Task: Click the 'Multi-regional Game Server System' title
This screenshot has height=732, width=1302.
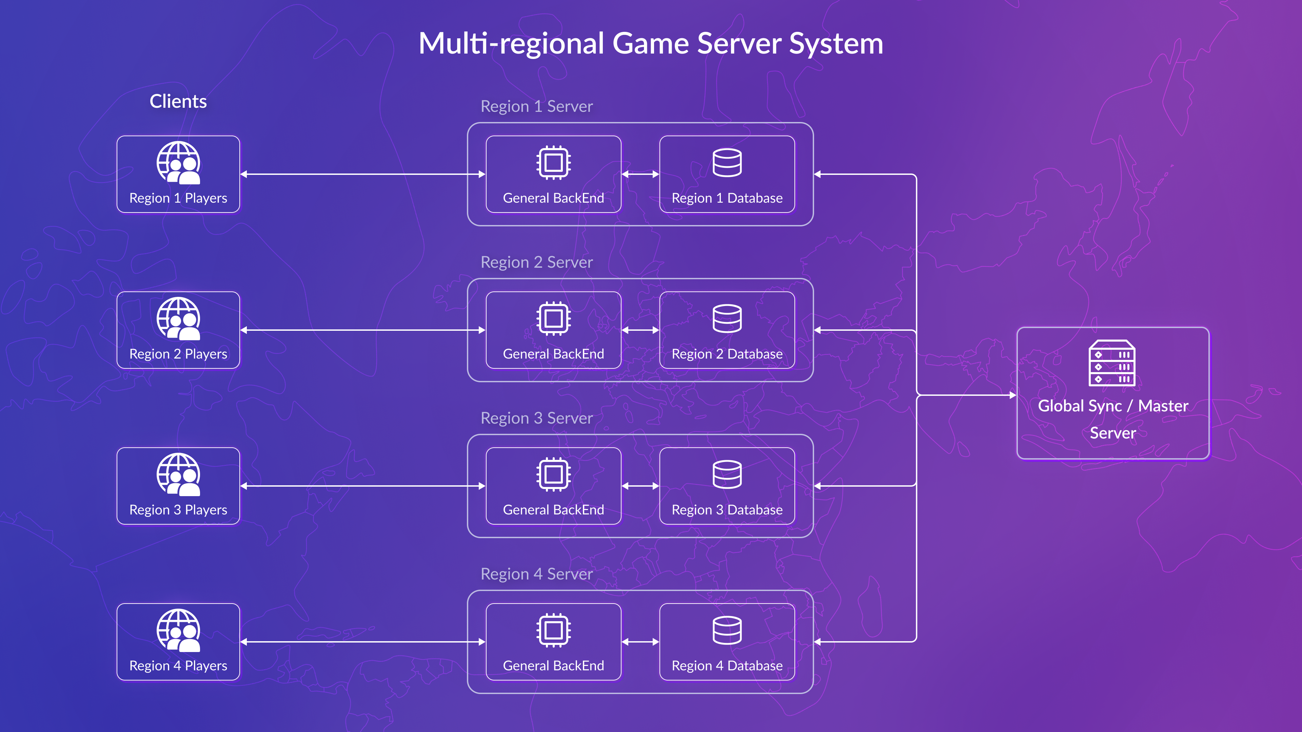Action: tap(651, 43)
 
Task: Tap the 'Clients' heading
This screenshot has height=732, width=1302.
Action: tap(178, 102)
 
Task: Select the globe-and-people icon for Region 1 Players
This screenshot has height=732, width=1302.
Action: tap(178, 163)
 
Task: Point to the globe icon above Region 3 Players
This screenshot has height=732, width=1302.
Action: tap(178, 474)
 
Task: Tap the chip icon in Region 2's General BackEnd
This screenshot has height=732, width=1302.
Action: tap(553, 318)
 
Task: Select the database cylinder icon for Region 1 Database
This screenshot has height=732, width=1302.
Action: tap(727, 163)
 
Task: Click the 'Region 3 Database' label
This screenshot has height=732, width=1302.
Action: tap(727, 510)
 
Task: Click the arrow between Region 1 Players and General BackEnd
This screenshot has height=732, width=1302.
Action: tap(362, 174)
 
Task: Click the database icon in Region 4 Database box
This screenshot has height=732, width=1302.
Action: tap(727, 630)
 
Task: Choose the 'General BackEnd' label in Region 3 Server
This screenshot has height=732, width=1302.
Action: tap(553, 510)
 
